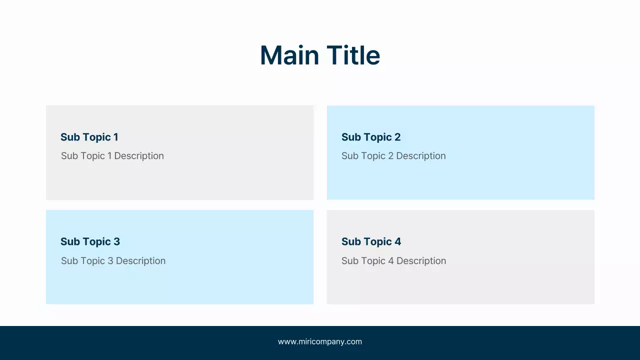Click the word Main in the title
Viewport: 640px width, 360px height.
(289, 55)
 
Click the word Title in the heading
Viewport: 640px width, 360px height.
(353, 55)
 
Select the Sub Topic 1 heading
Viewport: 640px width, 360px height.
(89, 137)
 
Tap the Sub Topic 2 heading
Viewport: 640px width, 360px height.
(371, 137)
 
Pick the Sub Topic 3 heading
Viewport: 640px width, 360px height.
(90, 241)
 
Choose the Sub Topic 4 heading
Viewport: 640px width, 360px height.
(371, 241)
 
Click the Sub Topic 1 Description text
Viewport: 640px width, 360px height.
(112, 156)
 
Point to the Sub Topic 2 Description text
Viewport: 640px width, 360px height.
(393, 156)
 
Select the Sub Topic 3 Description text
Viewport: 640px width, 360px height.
(113, 261)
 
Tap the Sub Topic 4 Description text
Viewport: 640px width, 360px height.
(393, 261)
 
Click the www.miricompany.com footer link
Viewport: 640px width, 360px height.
(320, 341)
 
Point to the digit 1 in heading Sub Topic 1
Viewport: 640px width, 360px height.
(115, 137)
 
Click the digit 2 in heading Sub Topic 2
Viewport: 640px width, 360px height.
(397, 137)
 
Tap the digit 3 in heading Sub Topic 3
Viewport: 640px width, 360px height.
(116, 241)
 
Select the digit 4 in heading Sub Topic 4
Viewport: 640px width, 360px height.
(397, 241)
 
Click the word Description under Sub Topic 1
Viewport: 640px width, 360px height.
(139, 156)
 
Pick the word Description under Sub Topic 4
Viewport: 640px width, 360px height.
(421, 261)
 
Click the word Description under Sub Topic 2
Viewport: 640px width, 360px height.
(421, 156)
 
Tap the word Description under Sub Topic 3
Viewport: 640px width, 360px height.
(140, 261)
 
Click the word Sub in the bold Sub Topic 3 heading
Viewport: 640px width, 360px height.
(70, 241)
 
